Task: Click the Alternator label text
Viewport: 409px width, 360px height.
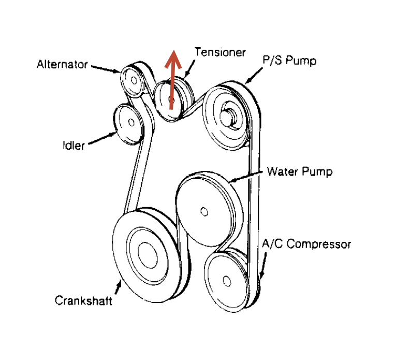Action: (x=62, y=65)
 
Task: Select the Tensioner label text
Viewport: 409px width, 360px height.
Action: (x=220, y=52)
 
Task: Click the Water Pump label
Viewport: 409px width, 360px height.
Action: (x=299, y=171)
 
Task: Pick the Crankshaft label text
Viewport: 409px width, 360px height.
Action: (x=83, y=301)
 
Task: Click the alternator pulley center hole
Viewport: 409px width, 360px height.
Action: (x=134, y=81)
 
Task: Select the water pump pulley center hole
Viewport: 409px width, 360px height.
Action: (x=204, y=211)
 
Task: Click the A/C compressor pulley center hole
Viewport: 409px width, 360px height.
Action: (x=226, y=280)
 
